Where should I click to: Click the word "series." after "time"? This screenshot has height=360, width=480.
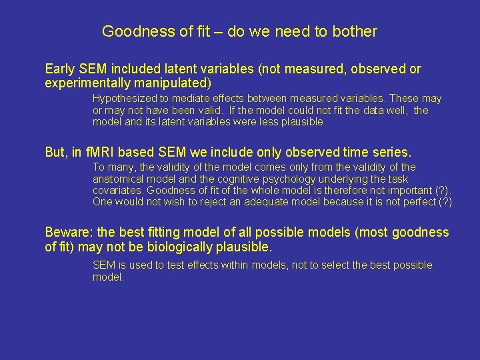point(391,152)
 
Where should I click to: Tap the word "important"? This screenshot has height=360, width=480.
point(401,190)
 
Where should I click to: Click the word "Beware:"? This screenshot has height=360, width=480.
point(69,233)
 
